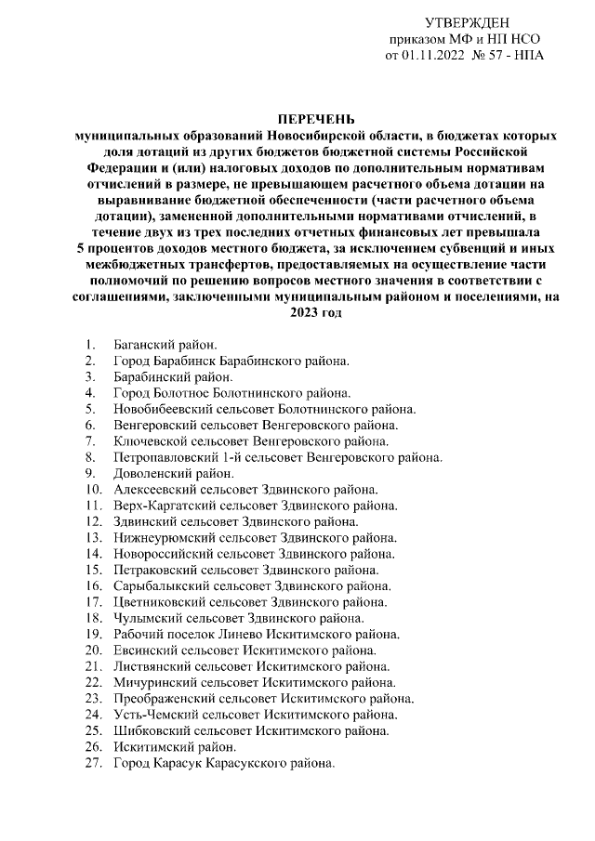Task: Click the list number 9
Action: [89, 472]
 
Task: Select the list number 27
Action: [92, 762]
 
